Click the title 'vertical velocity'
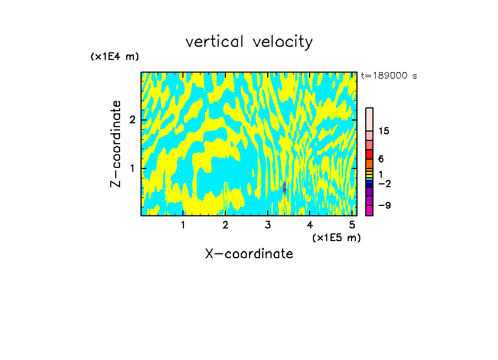[x=249, y=42]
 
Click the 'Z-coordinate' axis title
[x=116, y=144]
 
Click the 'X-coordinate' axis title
[x=249, y=254]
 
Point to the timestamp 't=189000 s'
[x=389, y=76]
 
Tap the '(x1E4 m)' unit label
[x=115, y=57]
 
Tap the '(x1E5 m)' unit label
[x=336, y=237]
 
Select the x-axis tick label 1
[x=183, y=225]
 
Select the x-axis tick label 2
[x=225, y=225]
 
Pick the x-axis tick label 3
[x=268, y=225]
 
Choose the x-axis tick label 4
[x=310, y=225]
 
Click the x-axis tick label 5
[x=352, y=225]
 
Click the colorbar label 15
[x=384, y=131]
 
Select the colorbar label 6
[x=381, y=159]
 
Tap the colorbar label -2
[x=384, y=183]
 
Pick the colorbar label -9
[x=384, y=205]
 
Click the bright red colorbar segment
[x=369, y=154]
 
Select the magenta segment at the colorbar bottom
[x=369, y=210]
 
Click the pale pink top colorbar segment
[x=369, y=119]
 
